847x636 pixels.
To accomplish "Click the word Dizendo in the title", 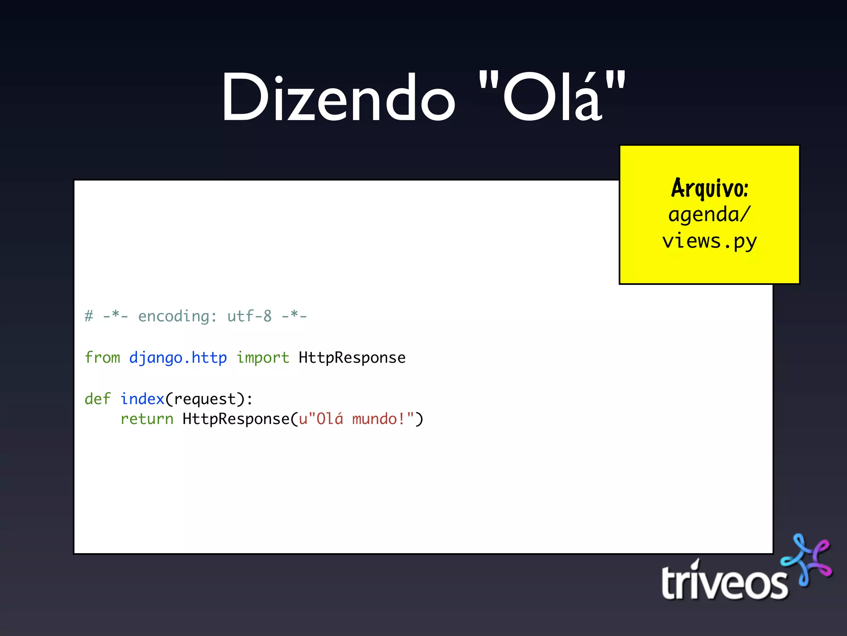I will point(338,98).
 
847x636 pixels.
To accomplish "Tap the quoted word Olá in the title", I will point(552,98).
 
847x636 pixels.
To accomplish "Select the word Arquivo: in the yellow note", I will point(710,188).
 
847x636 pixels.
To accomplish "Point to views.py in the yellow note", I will point(710,241).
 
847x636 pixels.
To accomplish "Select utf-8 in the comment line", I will point(249,316).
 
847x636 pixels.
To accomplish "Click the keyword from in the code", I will point(102,358).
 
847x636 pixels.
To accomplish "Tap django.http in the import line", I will point(178,358).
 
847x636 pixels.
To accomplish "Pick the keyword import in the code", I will point(263,358).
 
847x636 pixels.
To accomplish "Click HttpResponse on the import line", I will point(352,358).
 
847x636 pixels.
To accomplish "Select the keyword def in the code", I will point(98,399).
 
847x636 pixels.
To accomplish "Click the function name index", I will point(142,399).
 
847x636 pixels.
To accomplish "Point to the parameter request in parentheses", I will point(205,399).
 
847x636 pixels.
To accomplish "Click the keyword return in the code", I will point(147,419).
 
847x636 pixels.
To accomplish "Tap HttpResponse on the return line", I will point(236,419).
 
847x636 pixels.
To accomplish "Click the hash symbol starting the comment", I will point(89,316).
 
